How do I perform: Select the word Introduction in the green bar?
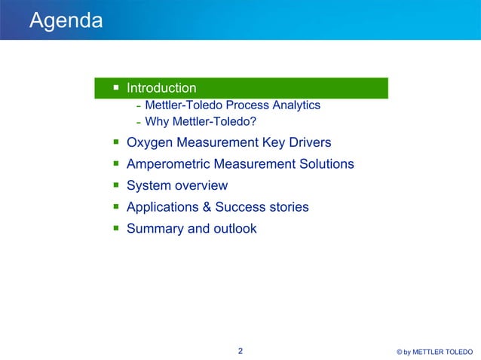tap(161, 88)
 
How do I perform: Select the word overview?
tap(202, 186)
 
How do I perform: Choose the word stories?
tap(286, 207)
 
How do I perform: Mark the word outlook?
tap(234, 228)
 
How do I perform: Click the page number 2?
tap(240, 351)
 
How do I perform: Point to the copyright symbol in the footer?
tap(399, 352)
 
